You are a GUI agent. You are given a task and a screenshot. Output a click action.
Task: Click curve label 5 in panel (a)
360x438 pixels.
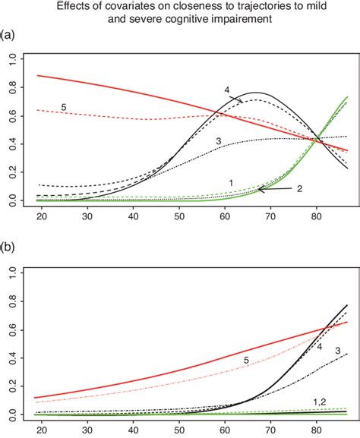(64, 107)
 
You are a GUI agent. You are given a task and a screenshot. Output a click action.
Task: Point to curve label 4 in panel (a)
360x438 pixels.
(227, 91)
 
